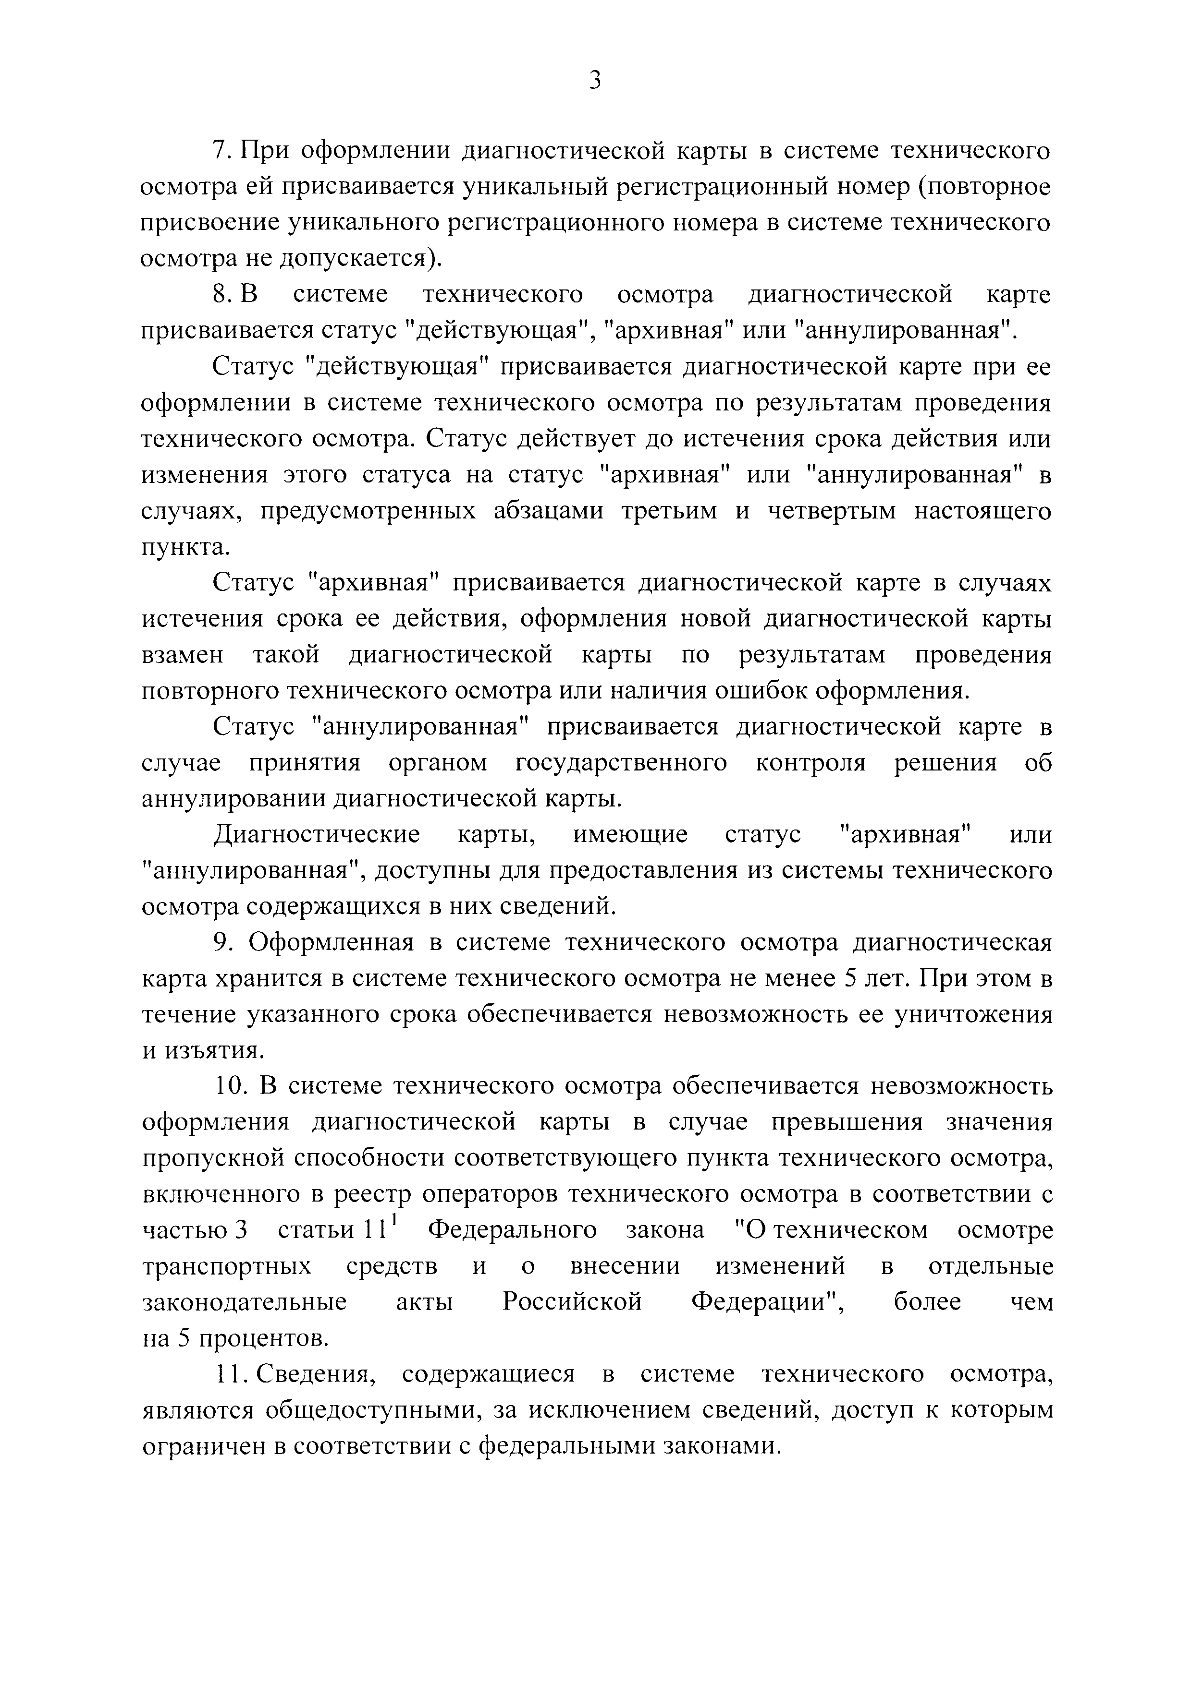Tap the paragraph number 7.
[221, 150]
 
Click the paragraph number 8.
[221, 295]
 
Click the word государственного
[622, 763]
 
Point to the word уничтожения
[972, 1014]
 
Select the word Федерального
[512, 1230]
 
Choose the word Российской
[572, 1302]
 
